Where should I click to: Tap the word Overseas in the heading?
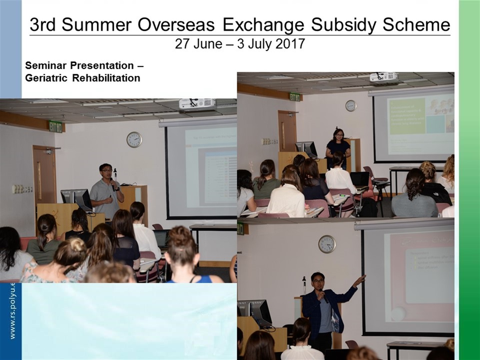177,25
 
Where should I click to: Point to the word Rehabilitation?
106,78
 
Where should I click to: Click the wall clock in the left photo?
134,139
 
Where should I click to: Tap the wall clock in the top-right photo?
351,106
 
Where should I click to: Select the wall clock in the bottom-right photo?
327,244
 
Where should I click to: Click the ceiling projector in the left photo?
197,103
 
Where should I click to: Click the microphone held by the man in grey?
113,184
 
